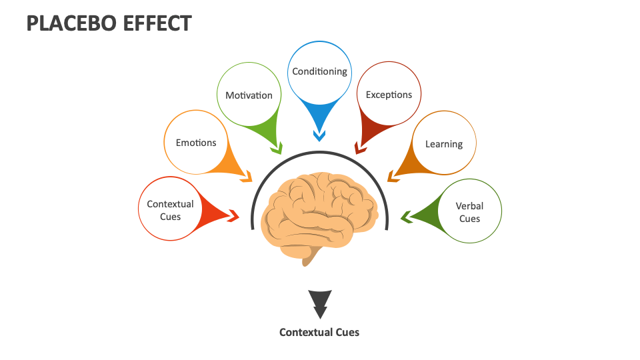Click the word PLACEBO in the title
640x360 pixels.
(x=71, y=23)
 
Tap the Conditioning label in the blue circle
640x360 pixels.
(x=319, y=71)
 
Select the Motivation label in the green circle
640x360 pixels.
(x=249, y=95)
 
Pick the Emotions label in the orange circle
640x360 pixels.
(x=196, y=143)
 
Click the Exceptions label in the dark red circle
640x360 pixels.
(x=389, y=95)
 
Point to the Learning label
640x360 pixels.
(x=443, y=144)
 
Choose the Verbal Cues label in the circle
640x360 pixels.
(x=469, y=212)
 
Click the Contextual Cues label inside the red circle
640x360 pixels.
(x=170, y=210)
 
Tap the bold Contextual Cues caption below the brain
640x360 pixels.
(x=319, y=332)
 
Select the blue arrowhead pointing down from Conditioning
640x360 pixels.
(x=319, y=135)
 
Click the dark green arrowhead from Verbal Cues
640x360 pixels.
(x=406, y=216)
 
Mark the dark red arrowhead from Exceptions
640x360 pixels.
(x=361, y=147)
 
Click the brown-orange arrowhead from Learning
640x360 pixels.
(x=393, y=177)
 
